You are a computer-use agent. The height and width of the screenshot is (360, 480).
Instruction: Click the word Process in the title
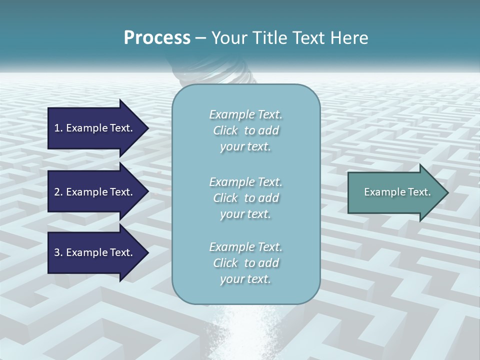(157, 38)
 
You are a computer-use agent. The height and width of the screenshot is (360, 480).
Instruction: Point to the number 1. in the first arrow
(58, 128)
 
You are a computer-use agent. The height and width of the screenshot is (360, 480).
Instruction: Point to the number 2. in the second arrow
(58, 192)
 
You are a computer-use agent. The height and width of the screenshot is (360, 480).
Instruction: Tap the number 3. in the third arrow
(58, 252)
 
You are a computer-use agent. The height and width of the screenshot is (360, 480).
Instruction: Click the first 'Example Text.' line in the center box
(245, 114)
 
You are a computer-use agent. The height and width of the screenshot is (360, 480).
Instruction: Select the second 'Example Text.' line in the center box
(245, 182)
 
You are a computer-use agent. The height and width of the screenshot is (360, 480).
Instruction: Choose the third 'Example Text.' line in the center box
(245, 247)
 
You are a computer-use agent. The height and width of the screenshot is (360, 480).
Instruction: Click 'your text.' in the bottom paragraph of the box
(245, 279)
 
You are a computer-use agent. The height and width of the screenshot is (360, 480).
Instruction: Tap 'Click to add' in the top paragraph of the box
(245, 130)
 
